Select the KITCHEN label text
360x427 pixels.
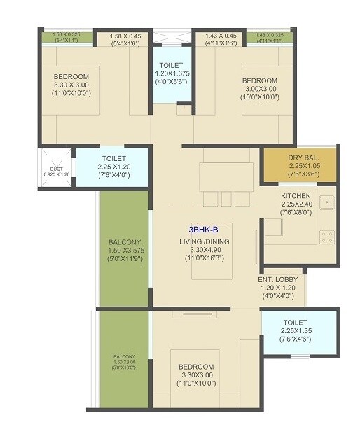click(296, 195)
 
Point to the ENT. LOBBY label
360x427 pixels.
click(278, 279)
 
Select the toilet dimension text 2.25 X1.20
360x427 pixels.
click(113, 167)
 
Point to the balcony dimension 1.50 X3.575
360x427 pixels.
click(125, 250)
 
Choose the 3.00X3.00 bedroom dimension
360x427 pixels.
click(261, 88)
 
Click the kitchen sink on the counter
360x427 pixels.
click(326, 202)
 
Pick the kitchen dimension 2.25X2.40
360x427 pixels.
click(296, 204)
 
